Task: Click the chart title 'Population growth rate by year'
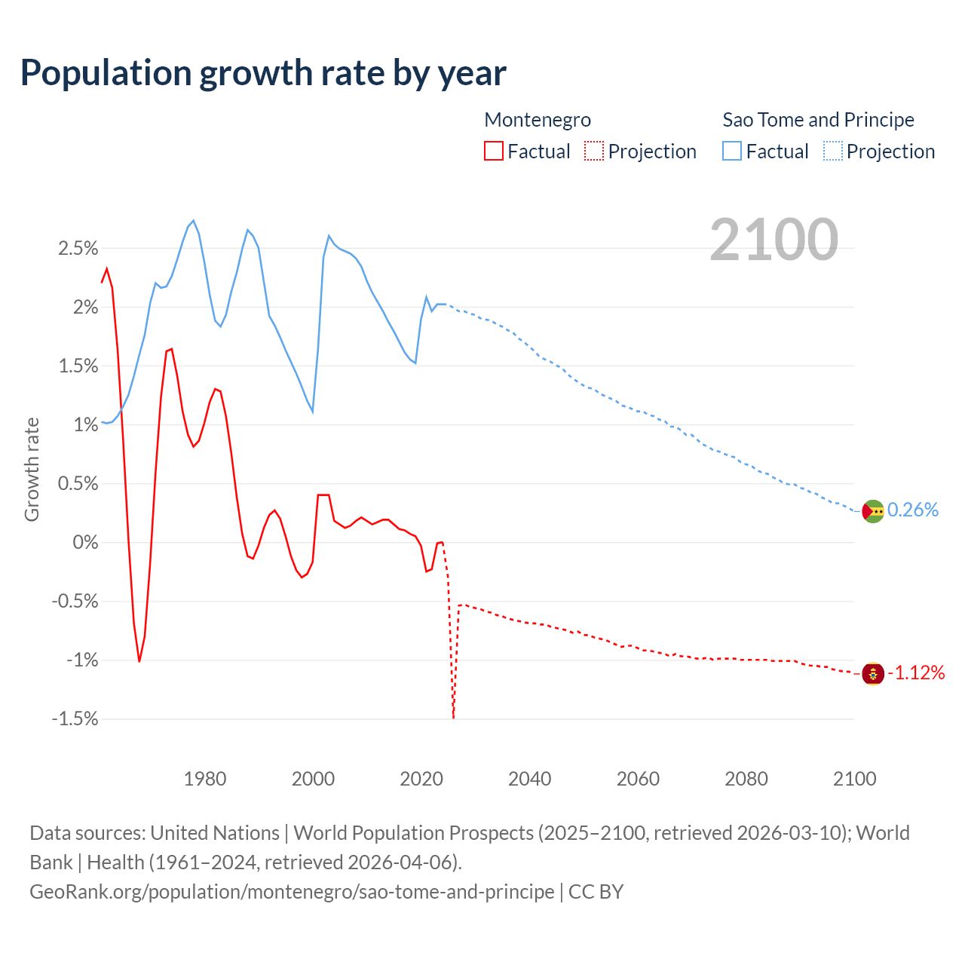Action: pyautogui.click(x=263, y=73)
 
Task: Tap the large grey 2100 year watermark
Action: pyautogui.click(x=774, y=239)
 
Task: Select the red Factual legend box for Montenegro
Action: pyautogui.click(x=493, y=152)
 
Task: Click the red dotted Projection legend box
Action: pyautogui.click(x=594, y=152)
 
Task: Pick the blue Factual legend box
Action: pyautogui.click(x=731, y=152)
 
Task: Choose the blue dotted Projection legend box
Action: pyautogui.click(x=833, y=152)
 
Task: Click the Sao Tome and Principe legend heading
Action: pyautogui.click(x=818, y=120)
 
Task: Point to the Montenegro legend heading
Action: pyautogui.click(x=538, y=120)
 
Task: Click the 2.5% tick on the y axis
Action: pyautogui.click(x=78, y=248)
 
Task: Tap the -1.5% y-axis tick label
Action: pyautogui.click(x=75, y=719)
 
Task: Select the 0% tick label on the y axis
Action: pyautogui.click(x=85, y=543)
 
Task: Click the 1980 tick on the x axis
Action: pyautogui.click(x=205, y=779)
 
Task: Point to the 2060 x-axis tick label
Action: pyautogui.click(x=638, y=779)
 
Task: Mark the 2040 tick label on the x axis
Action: pyautogui.click(x=529, y=779)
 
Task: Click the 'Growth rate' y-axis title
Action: pyautogui.click(x=32, y=469)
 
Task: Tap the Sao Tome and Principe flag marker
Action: pyautogui.click(x=872, y=511)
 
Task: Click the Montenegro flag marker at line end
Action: pyautogui.click(x=872, y=673)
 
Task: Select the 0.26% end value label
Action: pyautogui.click(x=913, y=510)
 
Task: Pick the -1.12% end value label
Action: pyautogui.click(x=916, y=673)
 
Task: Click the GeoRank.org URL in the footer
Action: pyautogui.click(x=292, y=892)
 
